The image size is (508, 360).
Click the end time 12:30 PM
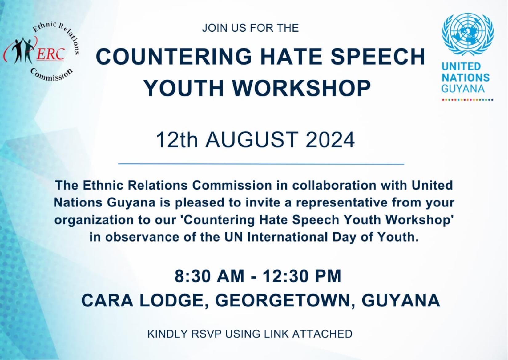tap(302, 276)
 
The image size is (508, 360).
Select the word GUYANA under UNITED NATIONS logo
tap(463, 89)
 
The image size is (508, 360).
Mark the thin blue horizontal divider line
tap(261, 164)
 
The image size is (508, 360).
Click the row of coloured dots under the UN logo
tap(468, 99)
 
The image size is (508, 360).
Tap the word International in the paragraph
tap(288, 237)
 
